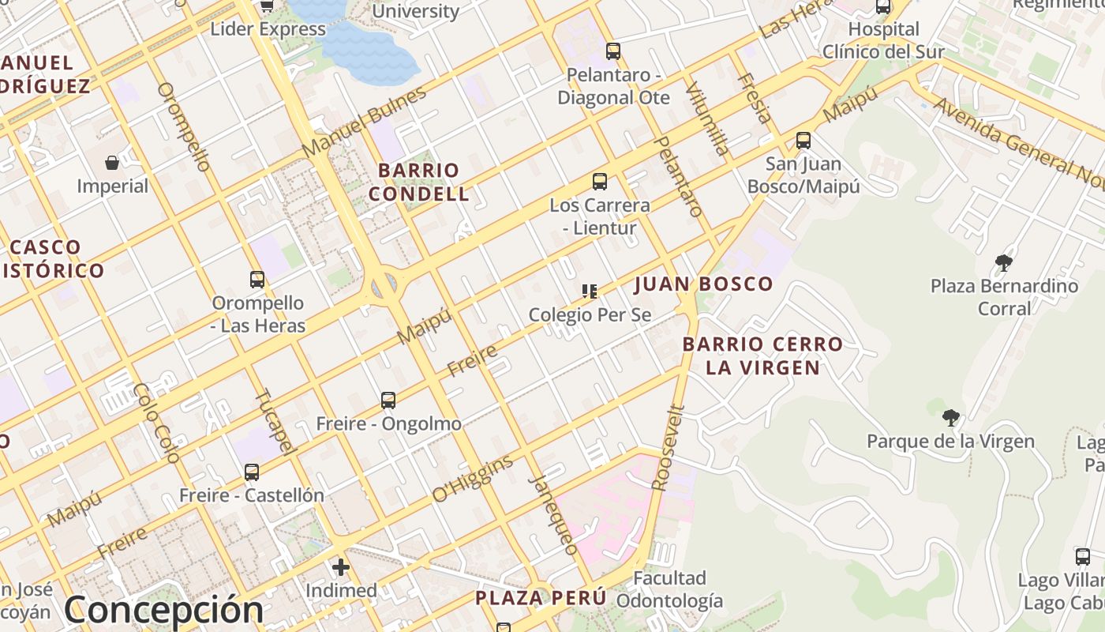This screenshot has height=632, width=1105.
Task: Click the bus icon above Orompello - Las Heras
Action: click(x=257, y=280)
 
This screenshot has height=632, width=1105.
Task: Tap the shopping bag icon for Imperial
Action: click(x=112, y=163)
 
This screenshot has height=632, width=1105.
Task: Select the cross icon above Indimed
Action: click(x=341, y=567)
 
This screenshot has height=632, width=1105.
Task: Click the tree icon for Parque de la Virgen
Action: click(x=951, y=417)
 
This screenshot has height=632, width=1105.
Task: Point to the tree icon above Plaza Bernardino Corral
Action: click(x=1004, y=262)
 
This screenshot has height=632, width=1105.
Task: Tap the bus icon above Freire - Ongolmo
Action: click(x=388, y=401)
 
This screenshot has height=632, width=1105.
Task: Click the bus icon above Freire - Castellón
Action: click(x=252, y=472)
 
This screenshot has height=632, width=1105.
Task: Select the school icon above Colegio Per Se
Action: click(x=590, y=292)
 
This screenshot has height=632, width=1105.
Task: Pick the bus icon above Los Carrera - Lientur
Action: click(x=600, y=182)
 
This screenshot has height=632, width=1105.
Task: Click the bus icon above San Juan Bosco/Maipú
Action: click(x=803, y=141)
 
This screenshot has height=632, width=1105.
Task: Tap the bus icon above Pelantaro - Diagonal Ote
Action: click(x=613, y=51)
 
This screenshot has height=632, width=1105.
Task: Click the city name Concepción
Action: click(x=164, y=609)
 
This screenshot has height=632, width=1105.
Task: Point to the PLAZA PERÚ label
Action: click(x=541, y=598)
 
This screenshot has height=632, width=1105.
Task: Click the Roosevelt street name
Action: click(x=668, y=448)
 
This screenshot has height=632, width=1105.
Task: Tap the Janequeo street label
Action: click(x=552, y=513)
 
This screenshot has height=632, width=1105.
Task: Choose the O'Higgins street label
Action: click(x=472, y=479)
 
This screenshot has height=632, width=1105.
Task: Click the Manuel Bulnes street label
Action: click(x=364, y=120)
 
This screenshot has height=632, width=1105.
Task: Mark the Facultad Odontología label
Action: click(x=669, y=589)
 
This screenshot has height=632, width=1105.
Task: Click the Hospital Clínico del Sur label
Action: click(x=883, y=40)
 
